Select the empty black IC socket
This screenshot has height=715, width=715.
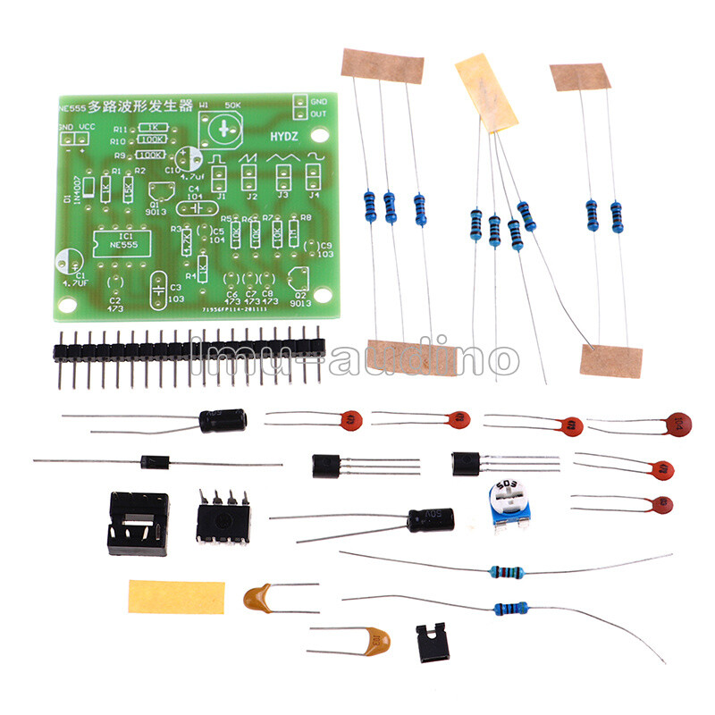coord(138,522)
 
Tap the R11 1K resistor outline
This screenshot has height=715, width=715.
coord(151,127)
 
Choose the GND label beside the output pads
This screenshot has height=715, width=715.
coord(319,102)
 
